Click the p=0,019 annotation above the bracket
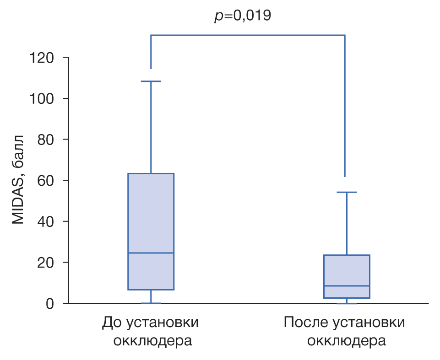click(x=243, y=16)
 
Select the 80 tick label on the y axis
click(x=46, y=140)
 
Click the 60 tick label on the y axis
click(x=46, y=181)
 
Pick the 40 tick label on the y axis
click(x=46, y=221)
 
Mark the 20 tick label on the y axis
click(x=46, y=263)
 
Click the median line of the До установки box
click(x=151, y=253)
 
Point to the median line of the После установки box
click(x=347, y=286)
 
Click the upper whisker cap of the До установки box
click(x=151, y=81)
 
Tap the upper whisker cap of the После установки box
click(x=347, y=193)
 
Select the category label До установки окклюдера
click(x=151, y=332)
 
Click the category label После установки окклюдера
click(x=344, y=332)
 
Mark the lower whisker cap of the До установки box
click(x=151, y=303)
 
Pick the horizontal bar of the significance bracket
click(x=247, y=35)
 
